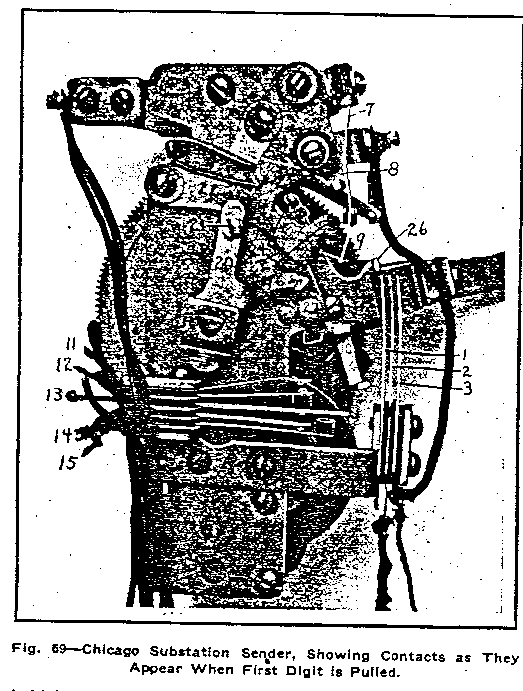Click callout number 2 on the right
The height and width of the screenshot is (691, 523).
coord(466,371)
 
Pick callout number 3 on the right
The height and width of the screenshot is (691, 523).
coord(467,389)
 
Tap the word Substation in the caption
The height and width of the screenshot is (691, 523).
coord(189,652)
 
